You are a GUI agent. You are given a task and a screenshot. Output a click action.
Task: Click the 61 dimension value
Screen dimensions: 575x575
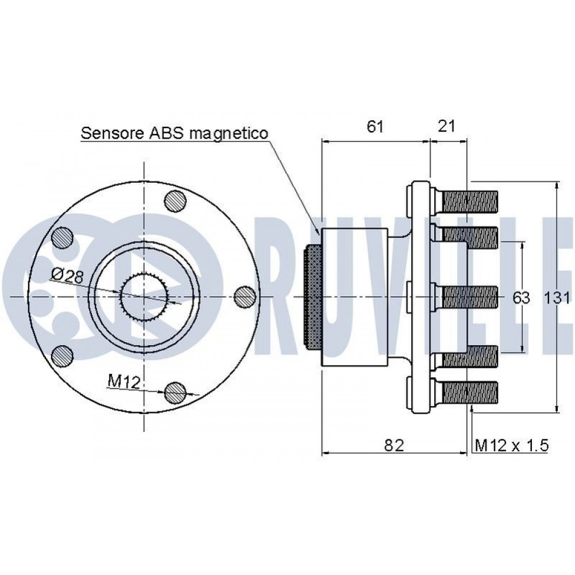click(375, 126)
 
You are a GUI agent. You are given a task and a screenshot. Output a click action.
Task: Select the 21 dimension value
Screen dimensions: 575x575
click(446, 126)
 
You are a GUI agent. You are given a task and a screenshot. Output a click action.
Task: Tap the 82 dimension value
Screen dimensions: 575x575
click(394, 445)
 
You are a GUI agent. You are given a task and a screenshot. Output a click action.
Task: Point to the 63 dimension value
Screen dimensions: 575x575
click(521, 298)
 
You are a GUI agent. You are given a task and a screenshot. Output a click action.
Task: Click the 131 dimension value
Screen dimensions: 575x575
click(556, 298)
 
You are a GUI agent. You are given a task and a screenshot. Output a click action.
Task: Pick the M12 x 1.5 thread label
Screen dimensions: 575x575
click(512, 446)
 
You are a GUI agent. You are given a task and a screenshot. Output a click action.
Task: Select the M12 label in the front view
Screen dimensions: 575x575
click(124, 382)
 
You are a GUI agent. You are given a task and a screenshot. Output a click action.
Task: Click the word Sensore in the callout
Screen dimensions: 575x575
click(113, 133)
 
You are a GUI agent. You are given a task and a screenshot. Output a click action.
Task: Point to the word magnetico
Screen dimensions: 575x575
click(229, 134)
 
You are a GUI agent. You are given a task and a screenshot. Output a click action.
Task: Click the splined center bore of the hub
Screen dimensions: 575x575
click(144, 296)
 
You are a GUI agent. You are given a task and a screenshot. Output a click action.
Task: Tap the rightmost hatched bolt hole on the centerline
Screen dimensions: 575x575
click(244, 296)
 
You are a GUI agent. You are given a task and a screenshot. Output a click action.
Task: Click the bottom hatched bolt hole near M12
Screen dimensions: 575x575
click(175, 392)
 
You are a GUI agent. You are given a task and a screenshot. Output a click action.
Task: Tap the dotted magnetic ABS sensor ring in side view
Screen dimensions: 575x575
click(313, 297)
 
